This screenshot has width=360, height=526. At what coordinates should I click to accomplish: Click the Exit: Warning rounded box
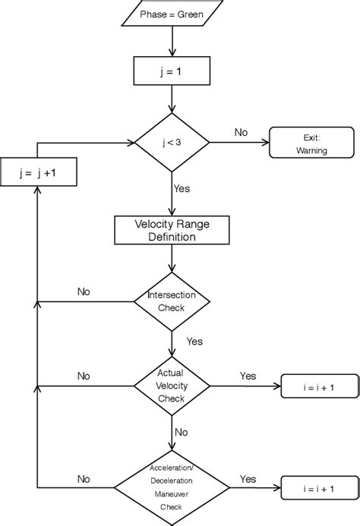point(311,142)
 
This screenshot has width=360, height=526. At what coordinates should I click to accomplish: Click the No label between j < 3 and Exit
point(241,132)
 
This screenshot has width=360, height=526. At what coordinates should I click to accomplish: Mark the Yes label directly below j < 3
point(182,187)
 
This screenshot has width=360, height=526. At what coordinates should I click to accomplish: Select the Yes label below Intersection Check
point(194,341)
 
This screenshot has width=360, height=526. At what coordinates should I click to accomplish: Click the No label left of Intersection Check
point(85,291)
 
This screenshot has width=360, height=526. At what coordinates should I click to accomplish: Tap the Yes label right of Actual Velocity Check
point(248,376)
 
